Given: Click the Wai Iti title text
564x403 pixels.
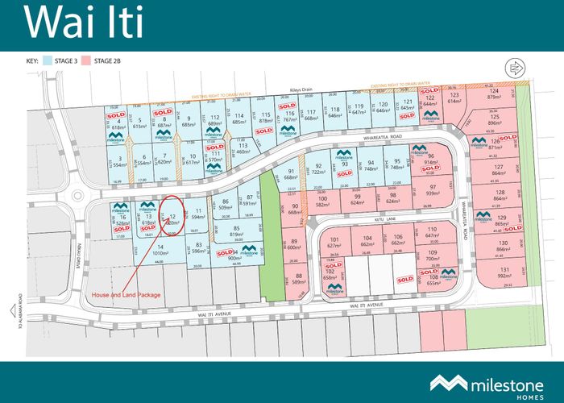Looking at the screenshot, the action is pos(85,23).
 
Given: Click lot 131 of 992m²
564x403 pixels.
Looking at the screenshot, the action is pos(504,272).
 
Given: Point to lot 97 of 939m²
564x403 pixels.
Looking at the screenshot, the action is pos(433,190).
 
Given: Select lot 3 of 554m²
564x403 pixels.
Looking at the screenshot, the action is pos(119,160).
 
